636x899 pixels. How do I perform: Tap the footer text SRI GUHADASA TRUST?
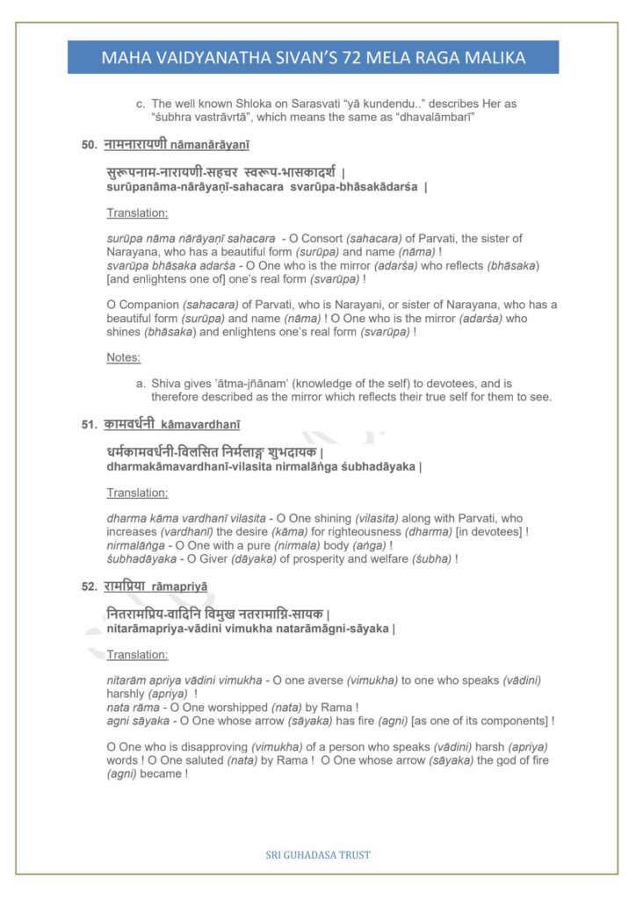click(317, 853)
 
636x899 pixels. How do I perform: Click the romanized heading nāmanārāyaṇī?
click(199, 145)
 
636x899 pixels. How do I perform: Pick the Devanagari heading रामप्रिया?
click(127, 586)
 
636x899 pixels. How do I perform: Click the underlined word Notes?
click(124, 357)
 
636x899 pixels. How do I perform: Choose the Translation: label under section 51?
click(137, 493)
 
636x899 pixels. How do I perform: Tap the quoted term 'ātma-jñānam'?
click(249, 384)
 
